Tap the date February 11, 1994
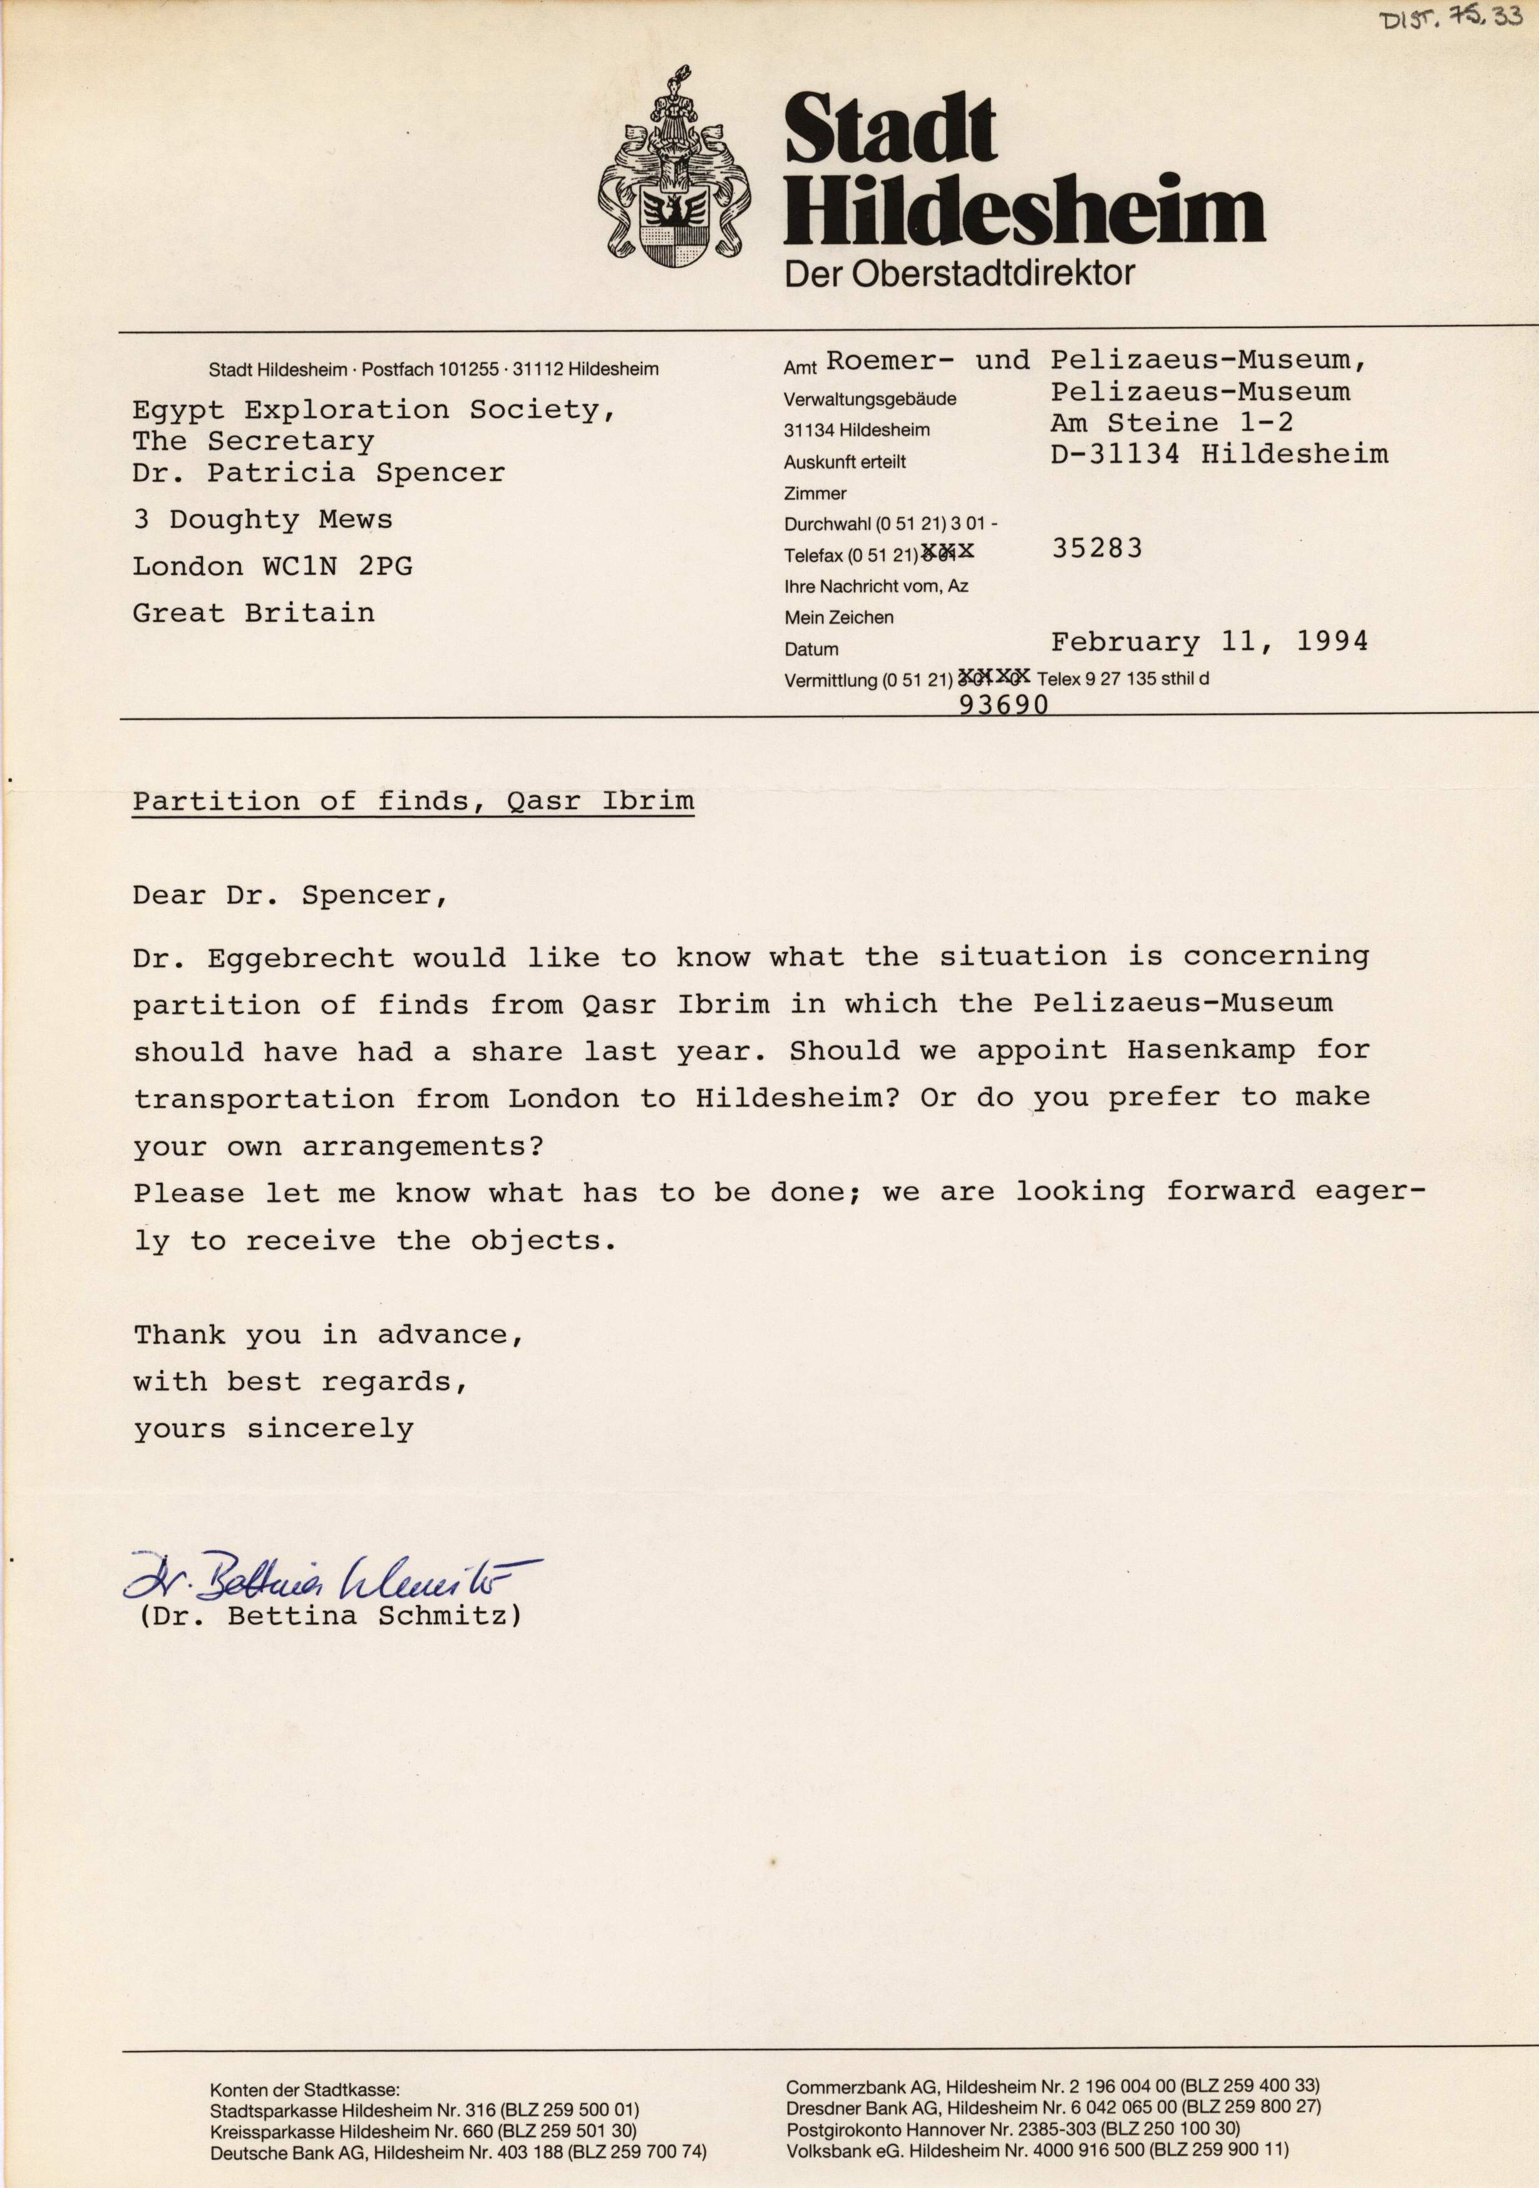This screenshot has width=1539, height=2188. (x=1209, y=641)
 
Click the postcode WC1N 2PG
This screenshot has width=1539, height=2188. (x=337, y=566)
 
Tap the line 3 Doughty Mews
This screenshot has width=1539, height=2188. (x=262, y=519)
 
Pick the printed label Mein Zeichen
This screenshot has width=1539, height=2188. (x=838, y=617)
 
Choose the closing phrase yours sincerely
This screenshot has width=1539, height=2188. (x=274, y=1430)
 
